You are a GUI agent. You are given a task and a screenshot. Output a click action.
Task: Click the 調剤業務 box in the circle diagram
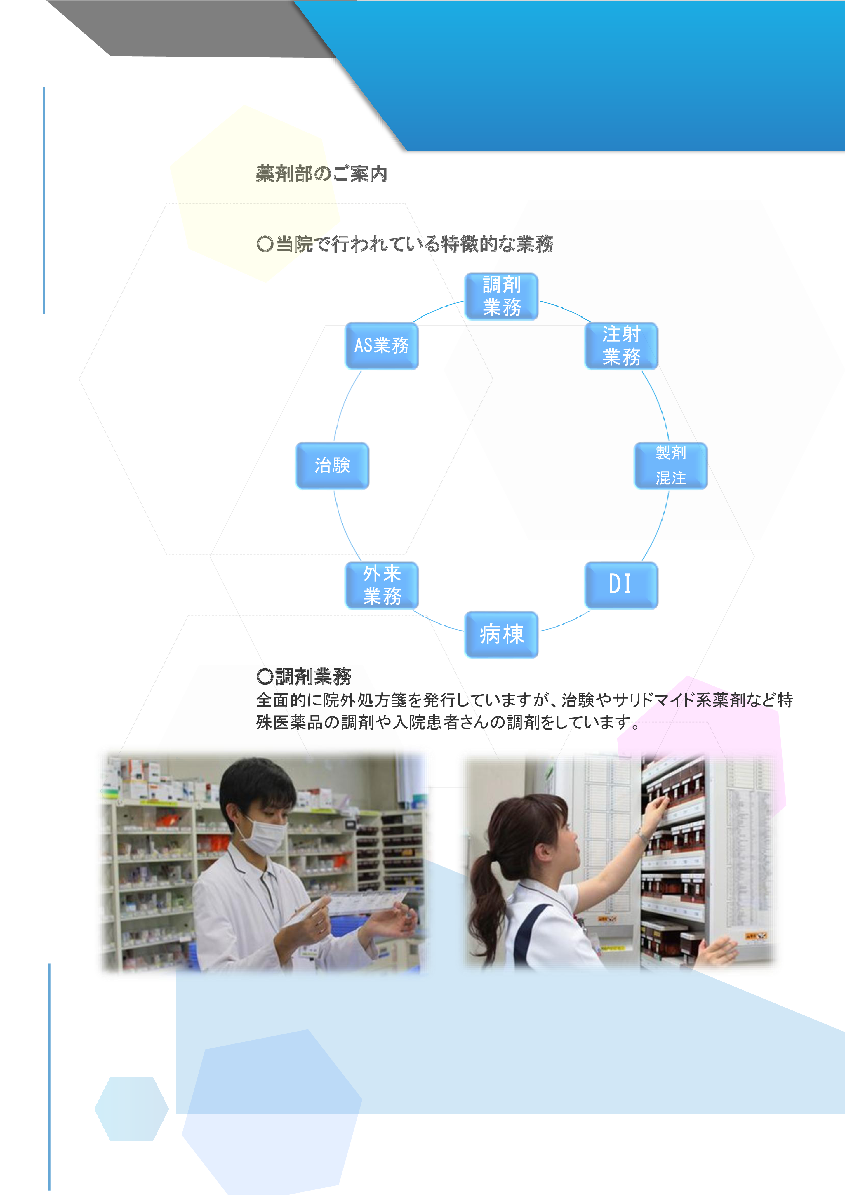(x=501, y=296)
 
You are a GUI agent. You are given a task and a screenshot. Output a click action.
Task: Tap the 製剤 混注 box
(x=670, y=466)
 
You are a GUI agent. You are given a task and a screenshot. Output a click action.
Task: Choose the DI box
(x=620, y=585)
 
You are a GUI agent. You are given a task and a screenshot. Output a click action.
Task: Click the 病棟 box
(x=501, y=634)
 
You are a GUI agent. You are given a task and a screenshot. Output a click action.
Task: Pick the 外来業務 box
(x=382, y=585)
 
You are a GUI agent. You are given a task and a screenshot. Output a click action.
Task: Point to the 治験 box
(x=332, y=466)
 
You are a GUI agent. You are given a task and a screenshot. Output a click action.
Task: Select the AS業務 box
(x=382, y=346)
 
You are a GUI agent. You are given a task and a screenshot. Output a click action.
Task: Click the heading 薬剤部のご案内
(x=321, y=174)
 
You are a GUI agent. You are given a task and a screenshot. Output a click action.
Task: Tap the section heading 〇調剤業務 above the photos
(x=305, y=676)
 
